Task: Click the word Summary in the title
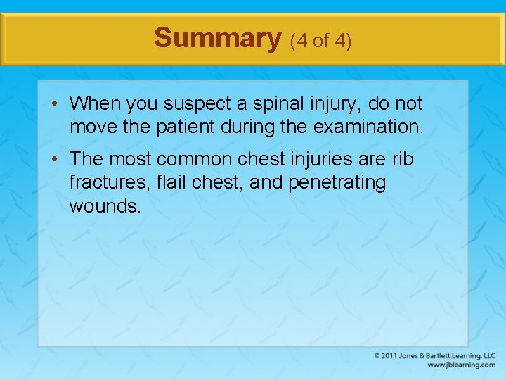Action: point(217,38)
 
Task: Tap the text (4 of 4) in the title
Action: point(320,40)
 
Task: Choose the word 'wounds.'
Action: point(105,206)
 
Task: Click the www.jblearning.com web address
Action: point(461,365)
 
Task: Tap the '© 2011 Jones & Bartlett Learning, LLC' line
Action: point(434,356)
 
